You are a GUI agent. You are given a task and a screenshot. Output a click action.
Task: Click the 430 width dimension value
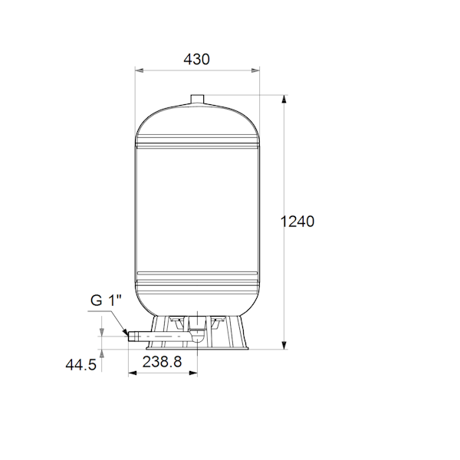(x=196, y=59)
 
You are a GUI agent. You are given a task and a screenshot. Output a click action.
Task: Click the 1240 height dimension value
(x=297, y=222)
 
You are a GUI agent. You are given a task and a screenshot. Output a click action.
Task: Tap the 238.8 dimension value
(x=162, y=362)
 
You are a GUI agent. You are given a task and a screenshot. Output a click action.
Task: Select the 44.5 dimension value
(x=80, y=365)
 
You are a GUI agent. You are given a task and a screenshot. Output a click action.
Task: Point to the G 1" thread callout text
(x=106, y=301)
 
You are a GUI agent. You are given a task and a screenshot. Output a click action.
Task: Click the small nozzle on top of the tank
(x=197, y=99)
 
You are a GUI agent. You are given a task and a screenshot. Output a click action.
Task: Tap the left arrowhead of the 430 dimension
(x=139, y=71)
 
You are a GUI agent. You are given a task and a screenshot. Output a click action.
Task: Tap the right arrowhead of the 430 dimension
(x=255, y=71)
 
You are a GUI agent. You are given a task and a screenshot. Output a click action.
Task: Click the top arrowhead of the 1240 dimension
(x=284, y=99)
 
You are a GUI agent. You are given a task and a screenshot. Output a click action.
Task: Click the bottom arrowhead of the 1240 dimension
(x=284, y=345)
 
